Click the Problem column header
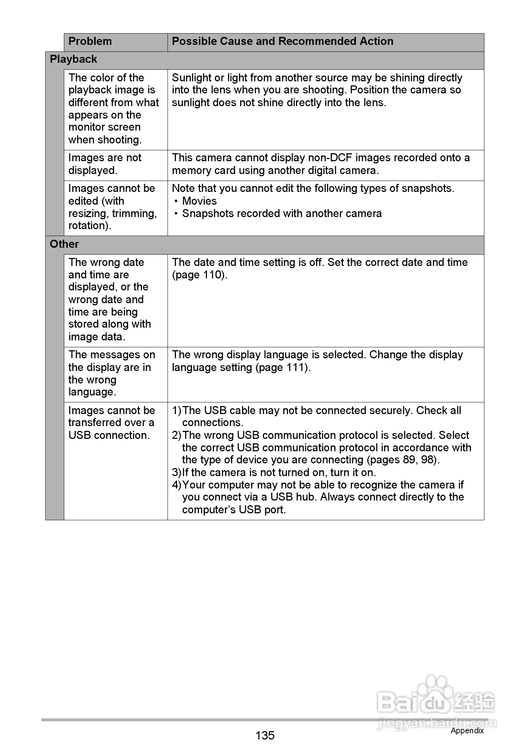(90, 41)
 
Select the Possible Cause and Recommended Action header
(283, 41)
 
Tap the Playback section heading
(73, 59)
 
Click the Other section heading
(64, 244)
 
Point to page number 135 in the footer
(265, 735)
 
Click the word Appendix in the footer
(467, 730)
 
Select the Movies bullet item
(199, 201)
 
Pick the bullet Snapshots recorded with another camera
(282, 213)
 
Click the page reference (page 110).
(199, 275)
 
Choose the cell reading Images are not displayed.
(105, 164)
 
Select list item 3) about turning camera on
(274, 472)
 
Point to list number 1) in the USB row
(177, 410)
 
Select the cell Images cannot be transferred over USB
(111, 423)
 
